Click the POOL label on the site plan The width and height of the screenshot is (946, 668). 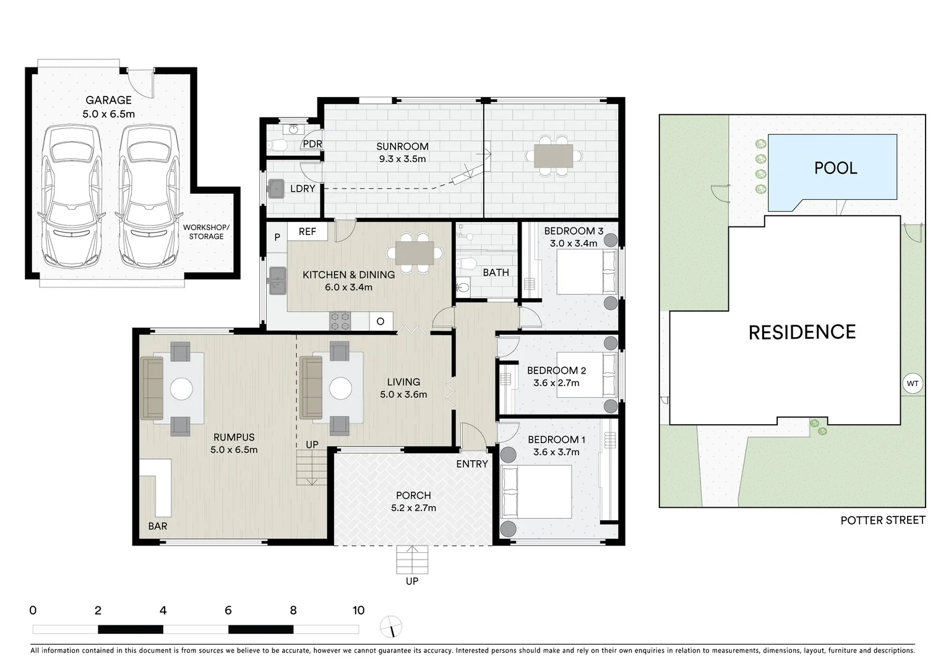pos(835,168)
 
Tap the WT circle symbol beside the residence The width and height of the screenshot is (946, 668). pos(913,383)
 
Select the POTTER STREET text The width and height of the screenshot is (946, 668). pos(882,520)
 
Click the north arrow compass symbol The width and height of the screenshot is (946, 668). pos(392,627)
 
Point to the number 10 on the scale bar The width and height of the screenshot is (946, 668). pos(358,610)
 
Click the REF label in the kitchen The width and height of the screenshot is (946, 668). pos(307,231)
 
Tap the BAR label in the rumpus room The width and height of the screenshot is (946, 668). pos(158,526)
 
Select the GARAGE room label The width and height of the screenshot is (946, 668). pos(108,100)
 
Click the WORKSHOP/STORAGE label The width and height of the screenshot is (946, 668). pos(206,232)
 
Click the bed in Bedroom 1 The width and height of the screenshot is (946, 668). pos(536,492)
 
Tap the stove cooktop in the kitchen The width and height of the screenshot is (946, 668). pos(340,320)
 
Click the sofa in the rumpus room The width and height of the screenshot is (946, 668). pos(152,388)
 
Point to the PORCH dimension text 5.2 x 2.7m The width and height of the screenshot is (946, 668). pos(413,508)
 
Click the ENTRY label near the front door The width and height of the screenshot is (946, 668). pos(472,464)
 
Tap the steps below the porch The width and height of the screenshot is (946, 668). pos(412,560)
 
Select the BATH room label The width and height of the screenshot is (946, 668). pos(496,272)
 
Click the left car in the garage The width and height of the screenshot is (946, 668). pos(72,197)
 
